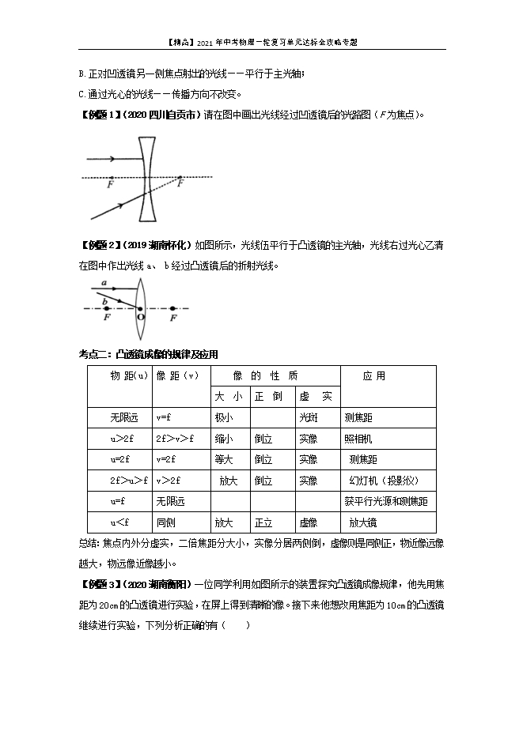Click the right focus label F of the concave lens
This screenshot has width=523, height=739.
pyautogui.click(x=181, y=183)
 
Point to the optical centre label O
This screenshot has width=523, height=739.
pyautogui.click(x=141, y=317)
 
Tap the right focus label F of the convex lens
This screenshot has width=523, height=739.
pyautogui.click(x=173, y=317)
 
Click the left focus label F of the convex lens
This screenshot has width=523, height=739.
pyautogui.click(x=107, y=317)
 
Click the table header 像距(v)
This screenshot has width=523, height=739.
pyautogui.click(x=177, y=376)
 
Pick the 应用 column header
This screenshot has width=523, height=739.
pyautogui.click(x=374, y=376)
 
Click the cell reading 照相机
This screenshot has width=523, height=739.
pyautogui.click(x=358, y=438)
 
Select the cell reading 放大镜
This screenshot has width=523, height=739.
pyautogui.click(x=363, y=522)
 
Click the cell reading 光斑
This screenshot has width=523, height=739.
pyautogui.click(x=309, y=417)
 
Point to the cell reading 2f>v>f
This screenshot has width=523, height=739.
pyautogui.click(x=175, y=438)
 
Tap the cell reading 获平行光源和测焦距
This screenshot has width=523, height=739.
pyautogui.click(x=386, y=501)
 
